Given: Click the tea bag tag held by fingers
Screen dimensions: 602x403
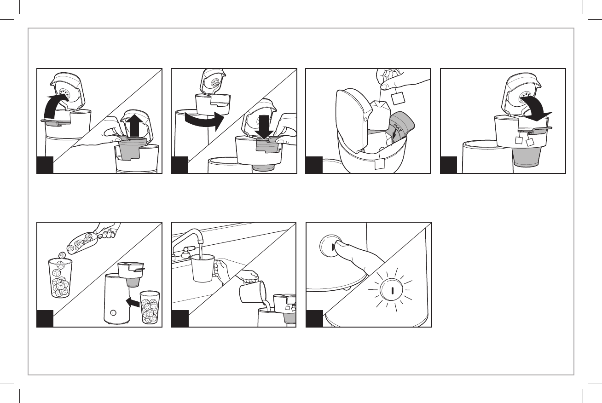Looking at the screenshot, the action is pyautogui.click(x=397, y=98).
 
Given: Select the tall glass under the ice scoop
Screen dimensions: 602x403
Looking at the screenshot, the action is pyautogui.click(x=60, y=278).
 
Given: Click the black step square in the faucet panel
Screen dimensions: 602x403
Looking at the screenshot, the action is pyautogui.click(x=179, y=319).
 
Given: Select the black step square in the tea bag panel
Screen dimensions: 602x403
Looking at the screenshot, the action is pyautogui.click(x=314, y=165).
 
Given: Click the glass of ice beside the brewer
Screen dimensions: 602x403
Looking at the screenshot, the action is pyautogui.click(x=150, y=307).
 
